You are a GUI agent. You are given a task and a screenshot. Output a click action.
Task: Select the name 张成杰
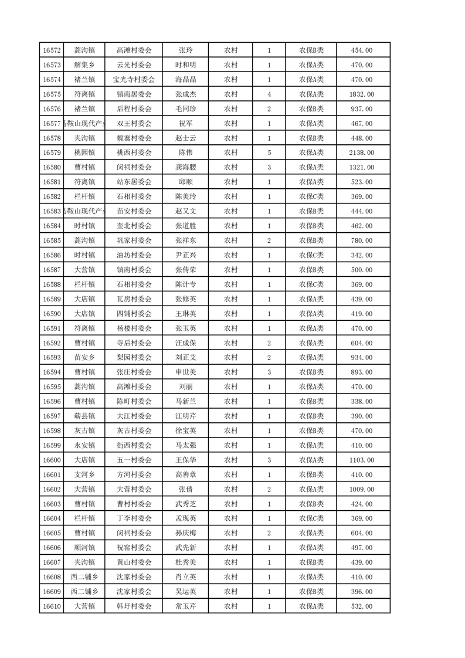tap(185, 94)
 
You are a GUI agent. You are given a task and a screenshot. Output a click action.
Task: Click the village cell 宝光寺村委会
tap(134, 80)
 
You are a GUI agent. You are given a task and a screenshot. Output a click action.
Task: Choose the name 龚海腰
tap(185, 168)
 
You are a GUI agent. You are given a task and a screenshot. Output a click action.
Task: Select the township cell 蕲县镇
tap(84, 416)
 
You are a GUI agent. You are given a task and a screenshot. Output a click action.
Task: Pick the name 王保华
tap(185, 460)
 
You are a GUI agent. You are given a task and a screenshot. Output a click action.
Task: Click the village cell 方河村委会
tap(134, 475)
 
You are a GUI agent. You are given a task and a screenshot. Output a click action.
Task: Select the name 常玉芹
tap(185, 606)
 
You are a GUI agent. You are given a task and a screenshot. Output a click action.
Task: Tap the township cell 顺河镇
tap(84, 548)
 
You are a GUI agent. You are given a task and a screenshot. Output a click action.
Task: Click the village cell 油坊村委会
tap(134, 255)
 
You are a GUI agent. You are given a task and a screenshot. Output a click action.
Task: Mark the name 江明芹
tap(185, 416)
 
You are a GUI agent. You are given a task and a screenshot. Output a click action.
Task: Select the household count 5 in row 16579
tap(269, 153)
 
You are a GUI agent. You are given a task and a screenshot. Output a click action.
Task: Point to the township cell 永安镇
tap(84, 446)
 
